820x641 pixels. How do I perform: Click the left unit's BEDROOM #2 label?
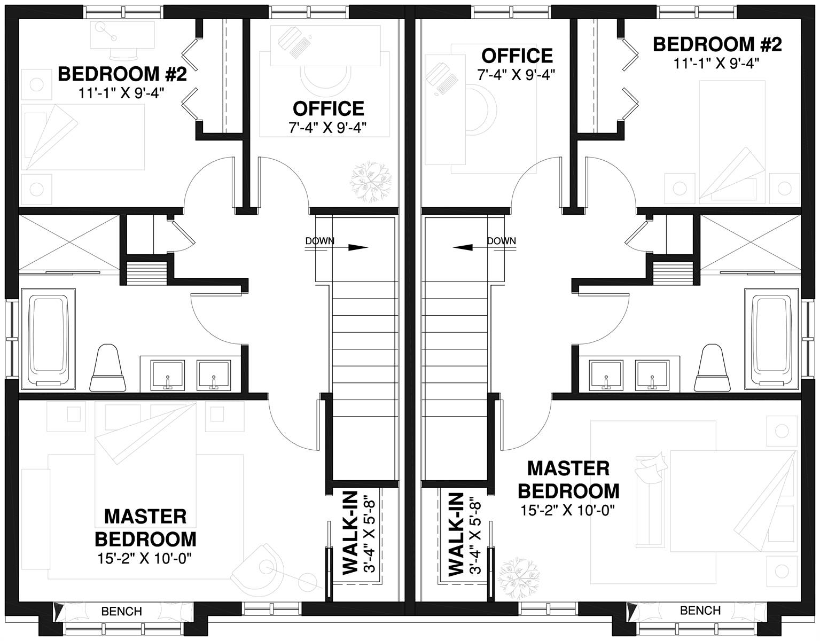[122, 74]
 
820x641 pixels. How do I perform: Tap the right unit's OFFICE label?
[517, 56]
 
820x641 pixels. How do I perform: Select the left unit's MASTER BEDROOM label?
[146, 528]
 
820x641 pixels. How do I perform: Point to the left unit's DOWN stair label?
[319, 241]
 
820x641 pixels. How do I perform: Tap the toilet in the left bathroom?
[107, 367]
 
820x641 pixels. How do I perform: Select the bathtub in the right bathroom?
[771, 339]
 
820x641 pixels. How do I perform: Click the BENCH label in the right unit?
[700, 611]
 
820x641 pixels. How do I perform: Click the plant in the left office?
[370, 182]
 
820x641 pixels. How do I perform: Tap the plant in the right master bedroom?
[518, 579]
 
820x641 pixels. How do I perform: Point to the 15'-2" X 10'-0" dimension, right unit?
[567, 510]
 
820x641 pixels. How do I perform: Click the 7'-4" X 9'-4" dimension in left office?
[327, 128]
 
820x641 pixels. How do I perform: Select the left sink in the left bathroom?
[168, 375]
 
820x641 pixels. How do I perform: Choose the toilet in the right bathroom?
[712, 367]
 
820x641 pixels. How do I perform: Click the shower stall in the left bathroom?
[69, 243]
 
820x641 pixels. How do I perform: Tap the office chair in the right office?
[481, 110]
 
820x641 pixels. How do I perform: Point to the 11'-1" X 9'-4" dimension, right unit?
[716, 64]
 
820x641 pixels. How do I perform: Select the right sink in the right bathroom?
[652, 375]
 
